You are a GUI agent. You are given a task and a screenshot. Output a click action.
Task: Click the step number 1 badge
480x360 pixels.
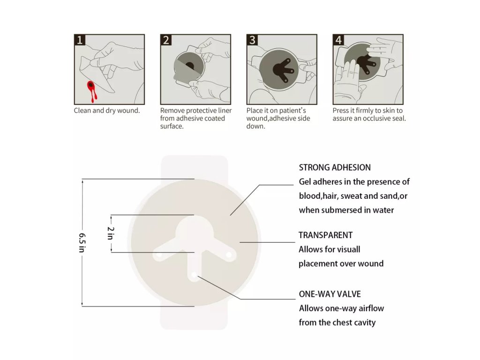80,40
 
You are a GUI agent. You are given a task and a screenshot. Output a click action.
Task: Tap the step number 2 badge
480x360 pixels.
166,40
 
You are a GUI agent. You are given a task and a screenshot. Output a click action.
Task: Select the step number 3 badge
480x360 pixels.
252,40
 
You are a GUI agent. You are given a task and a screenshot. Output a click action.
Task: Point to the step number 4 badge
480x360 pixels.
338,40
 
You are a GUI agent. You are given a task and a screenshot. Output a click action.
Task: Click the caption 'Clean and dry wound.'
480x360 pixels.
107,111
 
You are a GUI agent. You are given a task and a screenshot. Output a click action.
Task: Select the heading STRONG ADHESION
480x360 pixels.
335,167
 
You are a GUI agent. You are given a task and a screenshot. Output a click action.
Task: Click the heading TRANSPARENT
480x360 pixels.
325,235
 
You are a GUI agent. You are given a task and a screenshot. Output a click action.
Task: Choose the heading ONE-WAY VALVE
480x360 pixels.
330,294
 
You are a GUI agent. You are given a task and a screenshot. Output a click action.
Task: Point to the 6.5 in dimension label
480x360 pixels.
82,242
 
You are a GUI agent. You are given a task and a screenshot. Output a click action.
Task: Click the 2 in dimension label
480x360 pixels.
111,233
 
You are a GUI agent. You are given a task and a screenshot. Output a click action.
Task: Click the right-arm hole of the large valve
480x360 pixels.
229,255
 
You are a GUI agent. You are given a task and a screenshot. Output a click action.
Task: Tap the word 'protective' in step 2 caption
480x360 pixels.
202,111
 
